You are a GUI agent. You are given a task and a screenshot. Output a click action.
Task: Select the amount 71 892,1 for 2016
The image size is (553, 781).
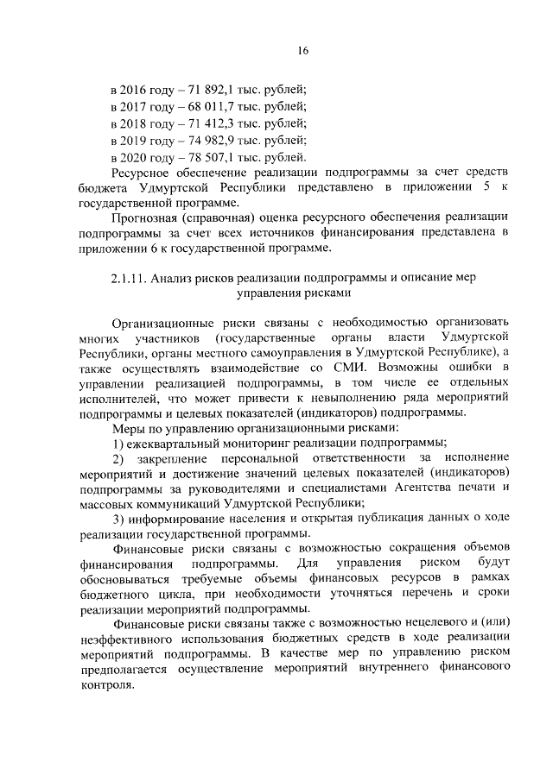click(x=200, y=90)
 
